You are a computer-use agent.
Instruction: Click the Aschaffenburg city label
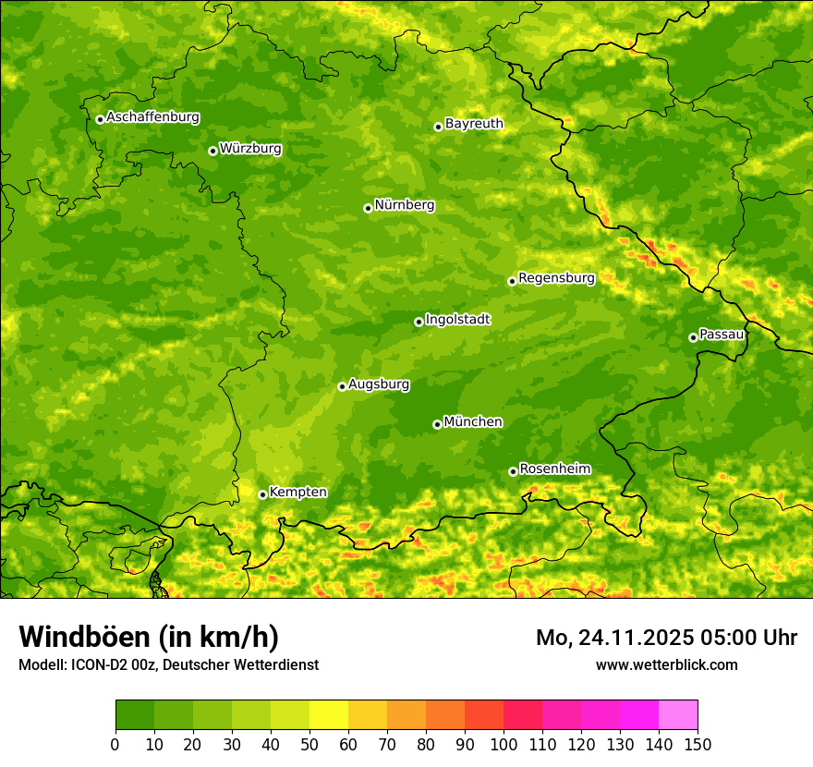[152, 117]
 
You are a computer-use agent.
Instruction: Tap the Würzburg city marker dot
[212, 151]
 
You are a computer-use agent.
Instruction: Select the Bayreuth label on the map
[474, 124]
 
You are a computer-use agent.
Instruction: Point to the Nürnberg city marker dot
[368, 208]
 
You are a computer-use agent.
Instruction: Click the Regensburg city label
[556, 278]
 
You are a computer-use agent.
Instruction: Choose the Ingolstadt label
[457, 320]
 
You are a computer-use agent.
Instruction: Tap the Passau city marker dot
[693, 337]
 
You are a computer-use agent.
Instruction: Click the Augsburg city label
[379, 384]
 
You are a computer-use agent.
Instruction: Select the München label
[473, 422]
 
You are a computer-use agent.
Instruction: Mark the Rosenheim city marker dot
[513, 472]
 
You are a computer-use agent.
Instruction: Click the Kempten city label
[297, 493]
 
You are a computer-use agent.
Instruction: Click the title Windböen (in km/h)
[149, 637]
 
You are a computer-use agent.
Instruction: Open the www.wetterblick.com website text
[666, 664]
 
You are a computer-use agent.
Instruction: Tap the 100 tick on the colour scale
[504, 743]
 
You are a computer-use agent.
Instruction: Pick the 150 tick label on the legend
[698, 743]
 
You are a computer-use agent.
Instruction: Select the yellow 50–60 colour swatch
[329, 715]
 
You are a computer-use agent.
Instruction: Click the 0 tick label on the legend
[115, 743]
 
